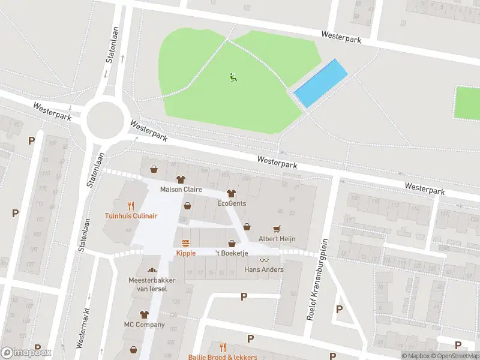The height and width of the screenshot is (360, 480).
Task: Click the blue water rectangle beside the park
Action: tap(321, 83)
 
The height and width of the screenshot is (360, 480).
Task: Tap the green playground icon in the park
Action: tap(233, 77)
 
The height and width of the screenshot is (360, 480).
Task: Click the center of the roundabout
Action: tap(105, 119)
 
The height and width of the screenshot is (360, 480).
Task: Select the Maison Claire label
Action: tap(181, 190)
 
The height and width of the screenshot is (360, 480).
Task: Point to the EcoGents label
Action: tap(232, 203)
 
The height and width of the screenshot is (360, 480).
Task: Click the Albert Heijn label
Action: tap(277, 239)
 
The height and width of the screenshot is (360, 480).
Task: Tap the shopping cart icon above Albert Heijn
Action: tap(277, 229)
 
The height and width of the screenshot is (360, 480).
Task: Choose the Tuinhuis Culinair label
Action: tap(131, 215)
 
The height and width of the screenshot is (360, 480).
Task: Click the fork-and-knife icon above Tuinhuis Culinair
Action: tap(131, 205)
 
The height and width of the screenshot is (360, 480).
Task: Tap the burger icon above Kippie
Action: tap(186, 243)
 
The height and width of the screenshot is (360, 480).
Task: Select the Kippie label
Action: tap(186, 253)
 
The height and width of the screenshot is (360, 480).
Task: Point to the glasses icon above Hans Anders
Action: tap(264, 259)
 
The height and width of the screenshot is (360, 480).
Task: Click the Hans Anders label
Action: tap(264, 269)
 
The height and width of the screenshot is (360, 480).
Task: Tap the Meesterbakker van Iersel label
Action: tap(148, 284)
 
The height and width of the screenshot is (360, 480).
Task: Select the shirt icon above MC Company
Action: tap(144, 314)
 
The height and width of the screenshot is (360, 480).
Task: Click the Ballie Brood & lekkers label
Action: tap(223, 357)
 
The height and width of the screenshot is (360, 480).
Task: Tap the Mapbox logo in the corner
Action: tap(26, 353)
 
